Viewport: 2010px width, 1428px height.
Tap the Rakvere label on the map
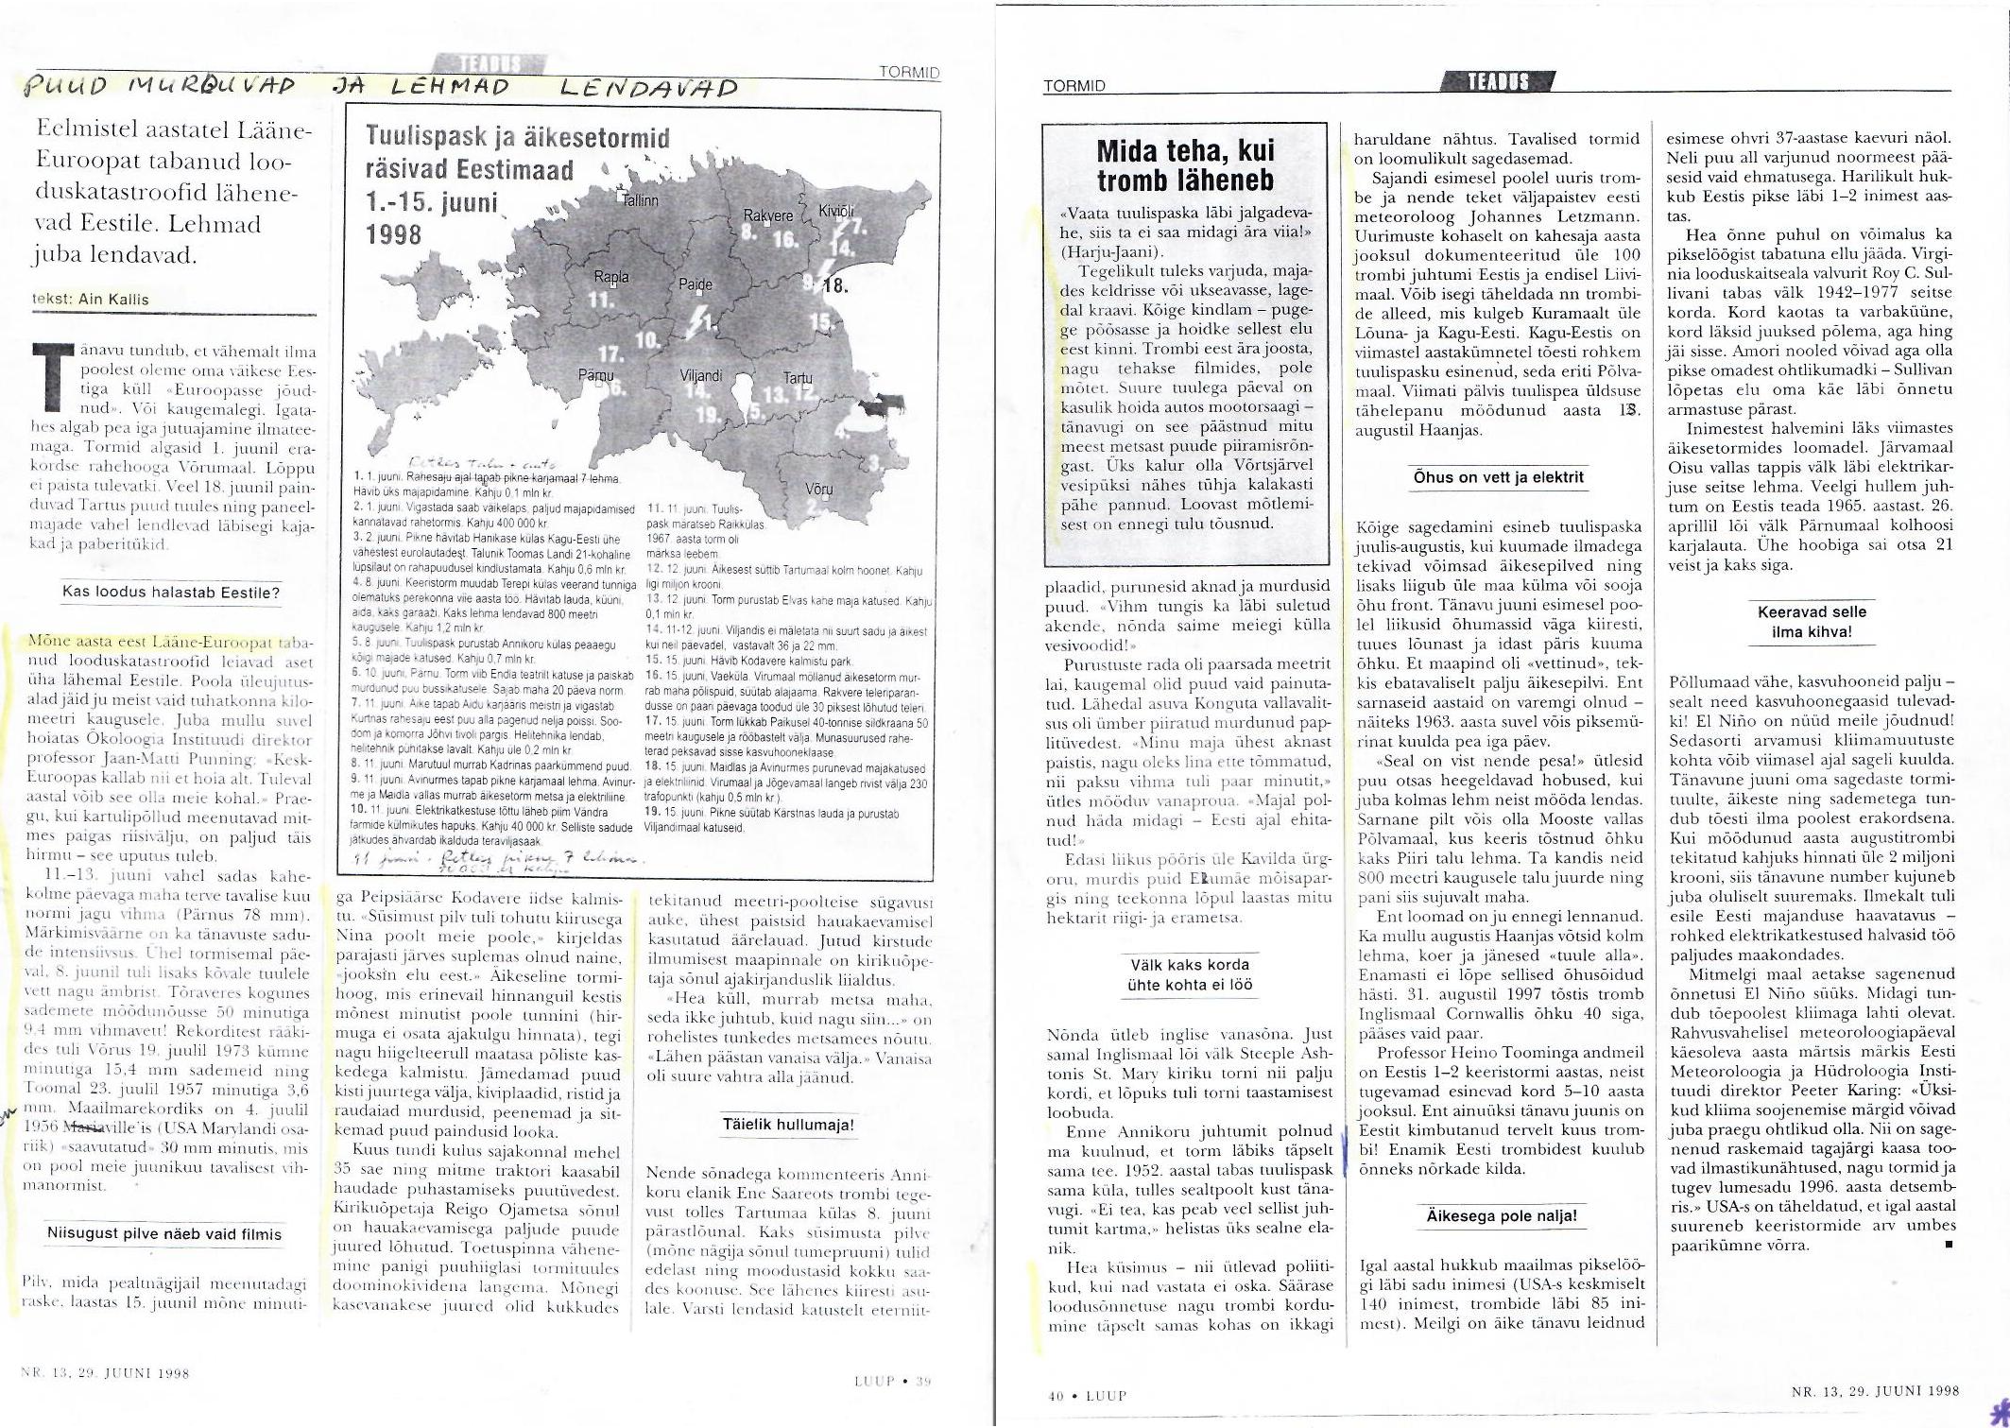tap(767, 215)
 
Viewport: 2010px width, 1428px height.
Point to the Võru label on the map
tap(818, 490)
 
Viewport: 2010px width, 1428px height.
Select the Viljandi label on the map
tap(700, 376)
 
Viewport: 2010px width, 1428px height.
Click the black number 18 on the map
tap(835, 284)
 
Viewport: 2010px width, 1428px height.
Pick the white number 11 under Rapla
tap(599, 300)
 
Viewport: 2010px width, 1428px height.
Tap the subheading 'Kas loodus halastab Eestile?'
tap(171, 593)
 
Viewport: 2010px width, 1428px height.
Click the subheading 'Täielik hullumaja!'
tap(788, 1125)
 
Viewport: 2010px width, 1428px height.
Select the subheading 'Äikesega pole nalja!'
tap(1502, 1215)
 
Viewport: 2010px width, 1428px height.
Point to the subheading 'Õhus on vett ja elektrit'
tap(1498, 477)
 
